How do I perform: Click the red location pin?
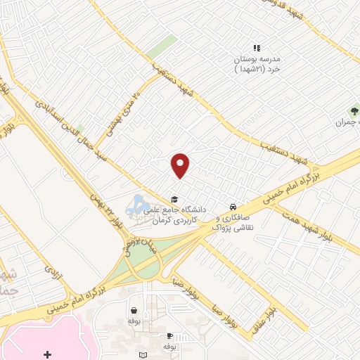coord(181,165)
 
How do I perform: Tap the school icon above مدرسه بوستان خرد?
coord(257,48)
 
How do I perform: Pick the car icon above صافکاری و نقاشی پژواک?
coord(232,207)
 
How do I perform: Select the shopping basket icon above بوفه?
coord(134,309)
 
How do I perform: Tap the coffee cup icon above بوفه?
coord(169,335)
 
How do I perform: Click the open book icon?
coord(143,356)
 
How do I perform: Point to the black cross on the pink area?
coord(47,354)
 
